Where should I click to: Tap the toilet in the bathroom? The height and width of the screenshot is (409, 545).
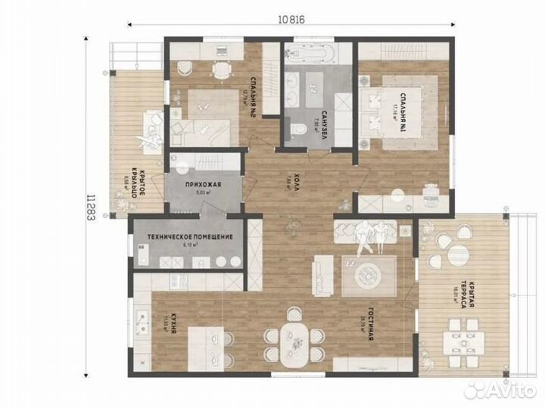point(301,131)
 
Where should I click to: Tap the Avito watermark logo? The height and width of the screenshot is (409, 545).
point(500,389)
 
